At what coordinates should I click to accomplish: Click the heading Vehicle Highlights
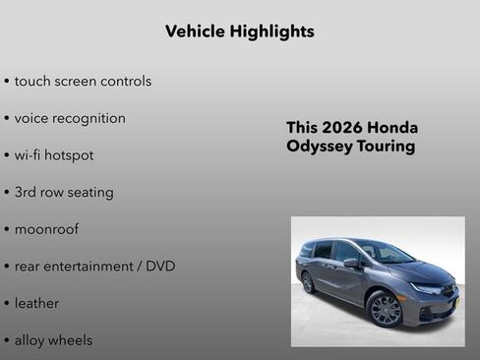[x=240, y=31]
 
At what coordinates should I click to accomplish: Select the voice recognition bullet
[x=70, y=118]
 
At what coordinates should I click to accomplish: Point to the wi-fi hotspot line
[x=54, y=155]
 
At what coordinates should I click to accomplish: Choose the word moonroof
[x=46, y=229]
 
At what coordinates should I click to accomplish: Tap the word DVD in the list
[x=160, y=267]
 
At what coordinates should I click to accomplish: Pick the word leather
[x=36, y=303]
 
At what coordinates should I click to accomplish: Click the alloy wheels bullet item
[x=53, y=340]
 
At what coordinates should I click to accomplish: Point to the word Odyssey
[x=320, y=147]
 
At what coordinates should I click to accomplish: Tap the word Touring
[x=387, y=147]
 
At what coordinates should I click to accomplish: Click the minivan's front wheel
[x=385, y=310]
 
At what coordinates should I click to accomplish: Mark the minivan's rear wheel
[x=309, y=282]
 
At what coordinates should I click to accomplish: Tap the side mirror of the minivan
[x=351, y=263]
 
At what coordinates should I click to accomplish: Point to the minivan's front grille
[x=450, y=295]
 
